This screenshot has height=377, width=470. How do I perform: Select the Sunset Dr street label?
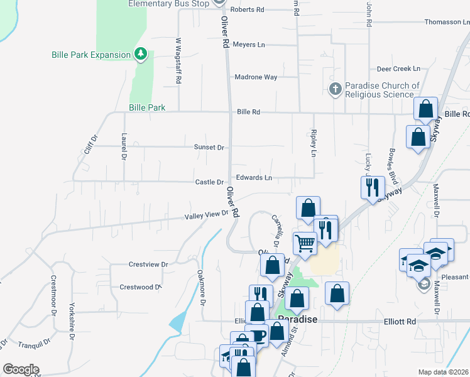coord(210,147)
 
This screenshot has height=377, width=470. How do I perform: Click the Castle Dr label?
coord(209,182)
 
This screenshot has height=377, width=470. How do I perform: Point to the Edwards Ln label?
coord(254,178)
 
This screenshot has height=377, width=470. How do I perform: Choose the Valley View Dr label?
coord(206,216)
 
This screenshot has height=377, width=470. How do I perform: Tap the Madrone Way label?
coord(256,77)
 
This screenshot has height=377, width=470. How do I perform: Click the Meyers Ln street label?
coord(249,45)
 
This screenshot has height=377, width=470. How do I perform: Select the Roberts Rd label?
coord(248,10)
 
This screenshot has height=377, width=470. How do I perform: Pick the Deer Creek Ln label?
coord(398,68)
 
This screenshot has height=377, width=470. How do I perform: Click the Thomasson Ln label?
coord(447,22)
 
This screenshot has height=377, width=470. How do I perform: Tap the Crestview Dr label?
coord(148,265)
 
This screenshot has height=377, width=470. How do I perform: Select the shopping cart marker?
coord(305,242)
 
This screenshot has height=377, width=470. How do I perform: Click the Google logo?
coord(21,369)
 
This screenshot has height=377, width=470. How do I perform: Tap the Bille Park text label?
coord(147,108)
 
